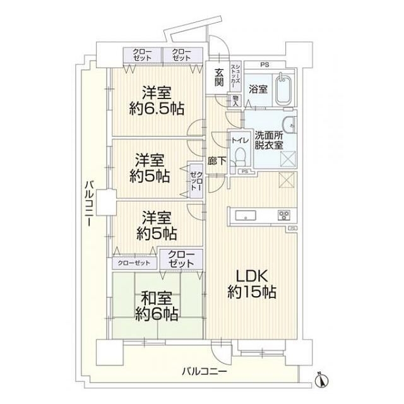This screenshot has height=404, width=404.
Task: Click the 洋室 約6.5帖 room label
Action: click(157, 100)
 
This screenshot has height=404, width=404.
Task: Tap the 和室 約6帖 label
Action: click(156, 304)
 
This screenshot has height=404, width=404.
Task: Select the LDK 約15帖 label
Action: click(252, 284)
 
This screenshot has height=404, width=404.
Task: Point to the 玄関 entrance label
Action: click(219, 77)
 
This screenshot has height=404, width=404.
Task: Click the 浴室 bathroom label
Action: click(257, 89)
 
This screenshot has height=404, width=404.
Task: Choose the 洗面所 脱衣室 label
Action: click(268, 140)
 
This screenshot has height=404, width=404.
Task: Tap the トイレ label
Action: click(239, 140)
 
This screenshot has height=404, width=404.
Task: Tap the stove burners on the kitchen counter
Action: click(283, 215)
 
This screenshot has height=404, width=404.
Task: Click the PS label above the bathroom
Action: click(264, 64)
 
